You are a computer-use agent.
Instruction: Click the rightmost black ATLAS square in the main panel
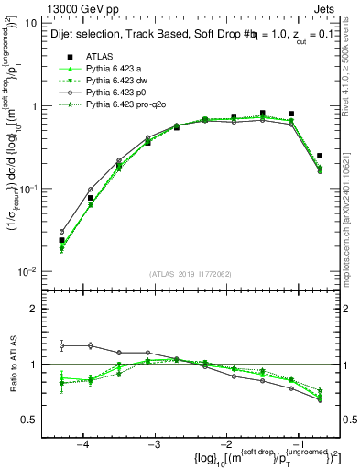(320, 156)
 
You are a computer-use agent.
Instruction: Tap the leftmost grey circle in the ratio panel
(61, 345)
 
